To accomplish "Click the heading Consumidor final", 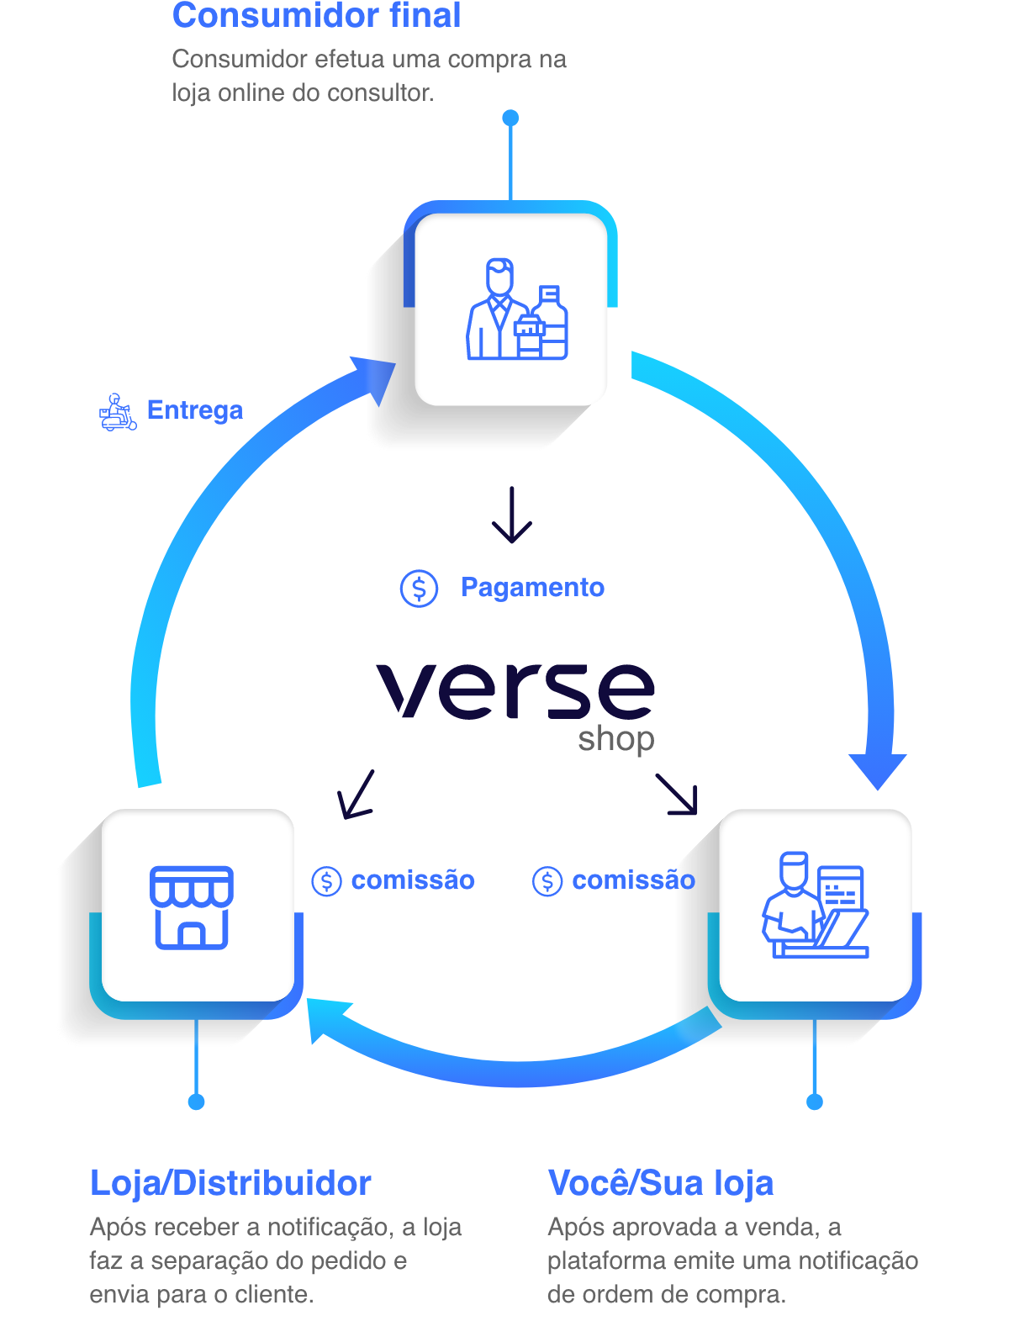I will point(316,16).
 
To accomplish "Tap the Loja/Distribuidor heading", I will point(230,1183).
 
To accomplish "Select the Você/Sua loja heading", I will point(660,1183).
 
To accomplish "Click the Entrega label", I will point(194,410).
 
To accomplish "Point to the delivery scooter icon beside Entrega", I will point(118,412).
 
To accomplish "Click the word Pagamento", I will point(532,587).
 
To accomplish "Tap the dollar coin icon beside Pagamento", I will point(419,588).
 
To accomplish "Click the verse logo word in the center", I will point(515,690).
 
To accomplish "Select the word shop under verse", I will point(615,740).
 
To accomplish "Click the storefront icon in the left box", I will point(192,907).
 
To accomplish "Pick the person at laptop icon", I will point(814,906).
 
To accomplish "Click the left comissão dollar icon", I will point(326,881).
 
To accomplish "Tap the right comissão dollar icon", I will point(547,881).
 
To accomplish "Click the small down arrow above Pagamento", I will point(512,515).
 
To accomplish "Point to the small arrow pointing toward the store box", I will point(355,795).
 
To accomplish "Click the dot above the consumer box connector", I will point(510,118).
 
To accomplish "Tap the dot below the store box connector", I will point(196,1102).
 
